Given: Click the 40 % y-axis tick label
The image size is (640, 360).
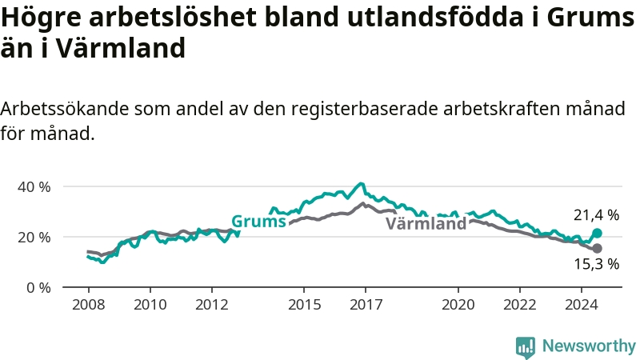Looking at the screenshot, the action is coord(34,187).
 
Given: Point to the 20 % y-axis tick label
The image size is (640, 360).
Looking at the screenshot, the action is coord(34,237).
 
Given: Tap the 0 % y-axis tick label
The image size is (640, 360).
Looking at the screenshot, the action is coord(38,288).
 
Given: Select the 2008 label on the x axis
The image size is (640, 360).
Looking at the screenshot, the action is coord(89,305).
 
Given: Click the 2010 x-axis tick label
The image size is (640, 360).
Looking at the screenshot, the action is coord(150,305).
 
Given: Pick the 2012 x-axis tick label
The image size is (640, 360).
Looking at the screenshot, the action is coord(212,305).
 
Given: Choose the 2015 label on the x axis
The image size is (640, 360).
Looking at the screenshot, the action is coord(305,305).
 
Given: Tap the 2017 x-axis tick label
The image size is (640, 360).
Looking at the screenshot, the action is coord(366,305).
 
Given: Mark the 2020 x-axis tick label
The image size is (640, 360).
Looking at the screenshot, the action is coord(458,305).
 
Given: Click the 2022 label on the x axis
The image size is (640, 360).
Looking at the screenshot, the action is coord(520,305).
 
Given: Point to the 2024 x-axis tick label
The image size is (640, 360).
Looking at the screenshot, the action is coord(582,305).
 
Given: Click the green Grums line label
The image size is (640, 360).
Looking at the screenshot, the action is coord(258,222).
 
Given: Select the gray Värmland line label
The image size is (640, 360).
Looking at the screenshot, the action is coord(426,223).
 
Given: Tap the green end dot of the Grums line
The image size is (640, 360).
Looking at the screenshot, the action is coord(597,233).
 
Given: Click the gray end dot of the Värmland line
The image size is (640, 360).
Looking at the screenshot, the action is coord(597,248).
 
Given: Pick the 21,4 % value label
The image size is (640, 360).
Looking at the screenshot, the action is coord(596,215).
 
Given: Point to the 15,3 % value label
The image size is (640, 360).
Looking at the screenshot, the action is coord(596,264).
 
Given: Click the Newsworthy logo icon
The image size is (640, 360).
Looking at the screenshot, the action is coord(526,347).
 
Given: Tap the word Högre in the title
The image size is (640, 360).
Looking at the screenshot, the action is coord(42,18).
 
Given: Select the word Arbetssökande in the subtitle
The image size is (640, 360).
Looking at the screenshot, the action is coord(65,109).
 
